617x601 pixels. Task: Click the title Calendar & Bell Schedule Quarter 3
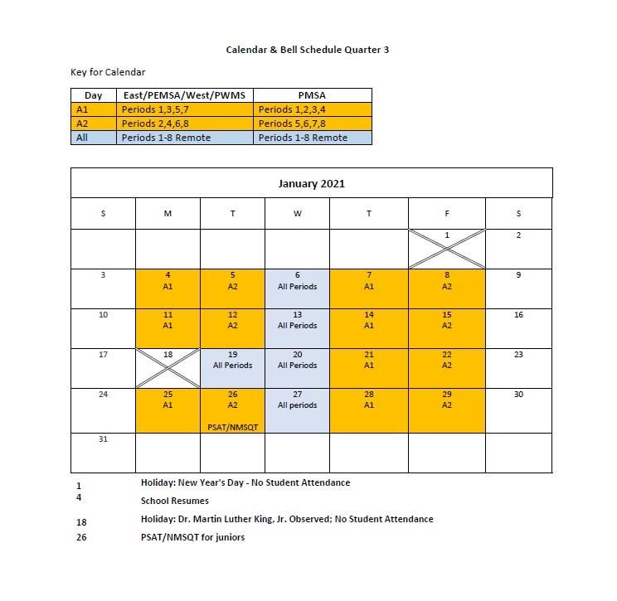(308, 50)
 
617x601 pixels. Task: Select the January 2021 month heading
(311, 183)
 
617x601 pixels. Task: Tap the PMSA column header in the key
(312, 95)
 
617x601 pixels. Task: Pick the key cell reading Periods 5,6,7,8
(312, 124)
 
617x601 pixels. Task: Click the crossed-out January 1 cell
(446, 248)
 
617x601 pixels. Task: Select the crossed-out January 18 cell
(168, 367)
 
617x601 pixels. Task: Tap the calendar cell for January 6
(297, 288)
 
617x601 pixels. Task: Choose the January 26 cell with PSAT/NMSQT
(232, 410)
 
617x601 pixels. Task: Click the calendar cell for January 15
(446, 327)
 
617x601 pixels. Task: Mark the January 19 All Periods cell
(232, 367)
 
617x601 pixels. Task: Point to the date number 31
(103, 439)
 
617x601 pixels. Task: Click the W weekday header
(297, 214)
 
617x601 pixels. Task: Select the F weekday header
(446, 214)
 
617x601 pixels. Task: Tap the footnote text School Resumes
(175, 501)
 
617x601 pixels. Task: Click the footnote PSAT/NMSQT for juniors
(192, 537)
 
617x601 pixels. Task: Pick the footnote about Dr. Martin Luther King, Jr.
(287, 519)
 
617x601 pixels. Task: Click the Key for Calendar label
(108, 72)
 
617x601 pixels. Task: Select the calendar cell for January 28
(368, 410)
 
